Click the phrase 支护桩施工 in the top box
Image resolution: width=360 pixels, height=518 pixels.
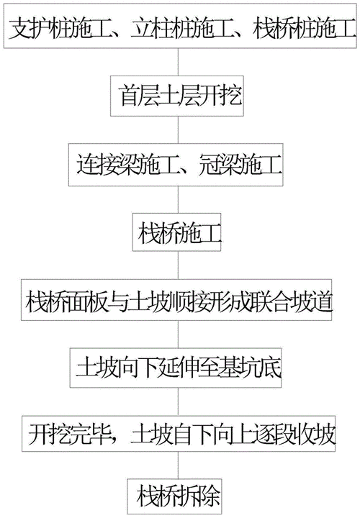pos(55,31)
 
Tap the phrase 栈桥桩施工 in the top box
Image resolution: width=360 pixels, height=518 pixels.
pos(296,31)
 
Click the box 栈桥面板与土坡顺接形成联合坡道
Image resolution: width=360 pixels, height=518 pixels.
pos(179,299)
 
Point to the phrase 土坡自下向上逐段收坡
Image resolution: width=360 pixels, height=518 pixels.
pos(228,435)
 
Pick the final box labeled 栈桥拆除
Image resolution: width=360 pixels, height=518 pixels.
pos(179,496)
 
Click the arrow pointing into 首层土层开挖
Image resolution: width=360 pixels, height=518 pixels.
pos(179,64)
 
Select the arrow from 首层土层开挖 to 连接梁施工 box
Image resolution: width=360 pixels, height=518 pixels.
pos(179,132)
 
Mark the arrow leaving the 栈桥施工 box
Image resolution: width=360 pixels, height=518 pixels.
pos(179,265)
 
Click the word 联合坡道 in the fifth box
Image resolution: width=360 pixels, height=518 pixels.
pos(299,299)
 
